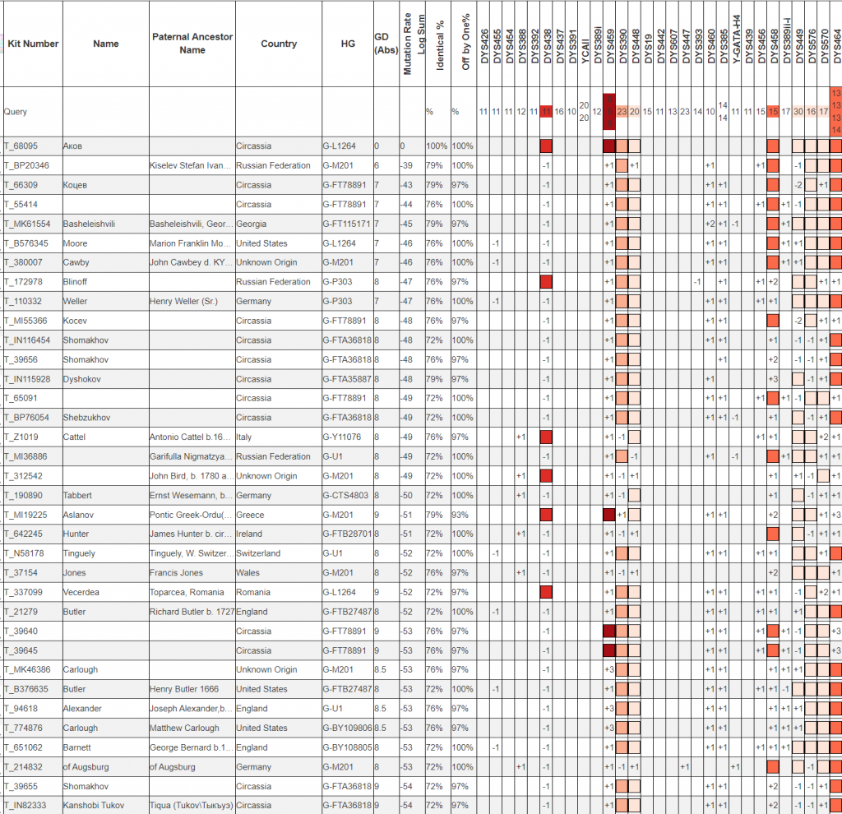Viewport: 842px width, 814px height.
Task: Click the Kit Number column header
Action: [32, 44]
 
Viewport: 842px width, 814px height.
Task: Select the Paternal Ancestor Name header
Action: [192, 44]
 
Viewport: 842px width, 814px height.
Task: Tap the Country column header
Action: [278, 44]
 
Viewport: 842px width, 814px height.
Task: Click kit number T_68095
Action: [21, 146]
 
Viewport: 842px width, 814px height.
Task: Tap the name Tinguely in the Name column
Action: [81, 553]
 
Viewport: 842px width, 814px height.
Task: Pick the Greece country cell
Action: [249, 515]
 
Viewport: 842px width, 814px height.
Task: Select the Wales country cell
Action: [247, 573]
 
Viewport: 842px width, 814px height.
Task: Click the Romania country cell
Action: [252, 592]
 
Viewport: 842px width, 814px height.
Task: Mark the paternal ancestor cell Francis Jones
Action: [176, 573]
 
